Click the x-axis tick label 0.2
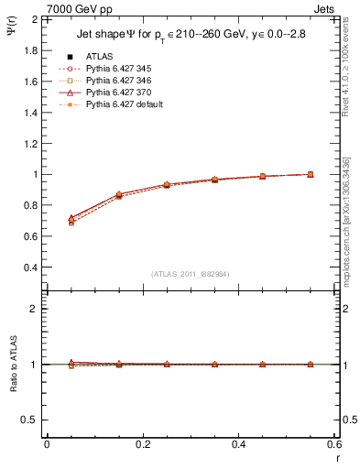click(142, 444)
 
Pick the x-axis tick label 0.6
click(334, 444)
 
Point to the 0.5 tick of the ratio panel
click(30, 420)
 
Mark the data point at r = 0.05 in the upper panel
click(71, 221)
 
